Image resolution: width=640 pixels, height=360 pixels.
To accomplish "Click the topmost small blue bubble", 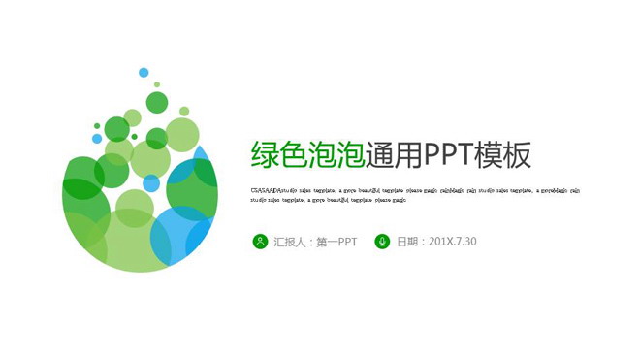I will [144, 72].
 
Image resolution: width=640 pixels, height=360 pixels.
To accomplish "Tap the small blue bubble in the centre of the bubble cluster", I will [151, 182].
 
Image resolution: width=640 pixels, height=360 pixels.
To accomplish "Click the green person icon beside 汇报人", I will [259, 241].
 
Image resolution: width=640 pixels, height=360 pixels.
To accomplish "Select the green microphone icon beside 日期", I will [382, 241].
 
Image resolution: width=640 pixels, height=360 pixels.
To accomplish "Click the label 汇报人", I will [290, 241].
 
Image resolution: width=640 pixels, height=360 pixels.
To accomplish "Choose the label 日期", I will [408, 241].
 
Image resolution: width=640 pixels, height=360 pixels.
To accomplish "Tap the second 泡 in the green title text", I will [351, 155].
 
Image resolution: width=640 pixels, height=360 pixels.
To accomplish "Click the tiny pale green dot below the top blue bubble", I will [156, 84].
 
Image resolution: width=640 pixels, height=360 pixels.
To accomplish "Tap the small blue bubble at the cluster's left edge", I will [96, 125].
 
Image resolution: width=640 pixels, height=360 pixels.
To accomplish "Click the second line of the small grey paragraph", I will [329, 200].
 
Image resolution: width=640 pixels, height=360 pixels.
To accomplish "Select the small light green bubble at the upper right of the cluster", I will [184, 112].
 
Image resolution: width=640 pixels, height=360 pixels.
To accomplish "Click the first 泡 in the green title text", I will [323, 155].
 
